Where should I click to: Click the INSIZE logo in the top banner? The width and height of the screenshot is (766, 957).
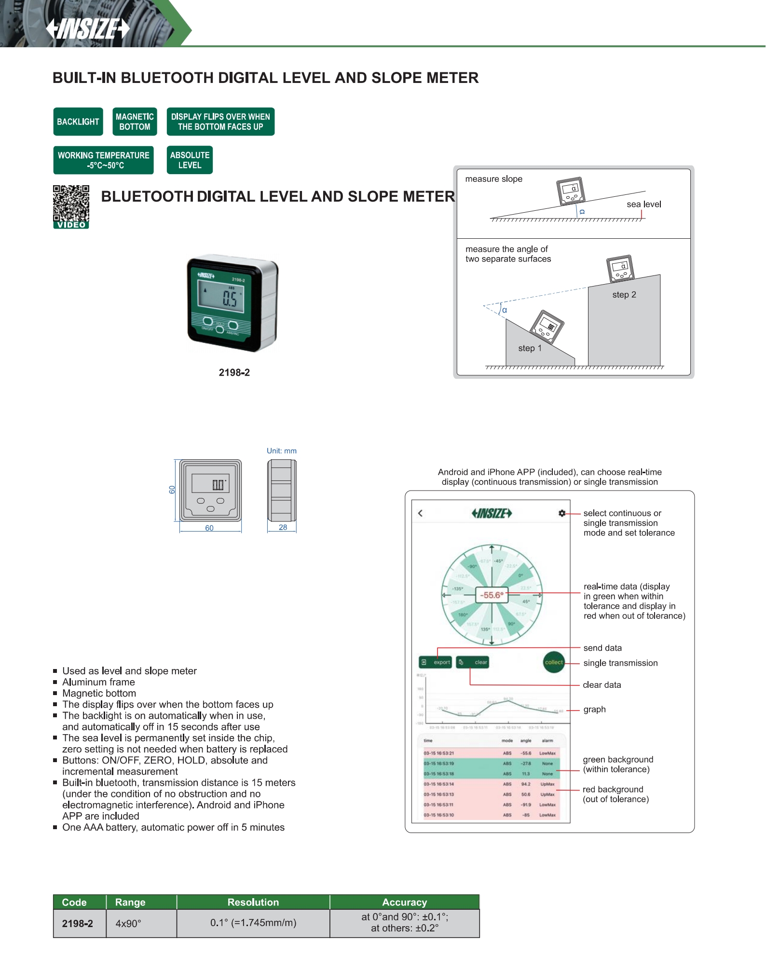point(88,28)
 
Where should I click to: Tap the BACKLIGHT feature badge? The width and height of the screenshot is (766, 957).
point(78,122)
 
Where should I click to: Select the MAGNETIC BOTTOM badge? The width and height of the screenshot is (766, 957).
point(135,122)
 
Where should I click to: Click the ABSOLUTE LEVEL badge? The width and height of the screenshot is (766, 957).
point(190,160)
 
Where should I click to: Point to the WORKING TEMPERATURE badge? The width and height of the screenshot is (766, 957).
point(104,160)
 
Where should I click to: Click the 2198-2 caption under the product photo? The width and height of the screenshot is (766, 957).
point(234,372)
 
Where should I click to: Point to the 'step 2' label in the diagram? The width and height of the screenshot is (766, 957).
point(624,295)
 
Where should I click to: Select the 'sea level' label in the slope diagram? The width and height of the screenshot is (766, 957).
point(643,204)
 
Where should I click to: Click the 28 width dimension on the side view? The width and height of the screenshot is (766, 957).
point(283,527)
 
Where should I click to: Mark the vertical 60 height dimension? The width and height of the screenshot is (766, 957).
point(172,490)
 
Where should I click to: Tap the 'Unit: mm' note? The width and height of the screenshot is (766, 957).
point(282,451)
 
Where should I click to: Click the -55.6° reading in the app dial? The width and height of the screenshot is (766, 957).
point(492,595)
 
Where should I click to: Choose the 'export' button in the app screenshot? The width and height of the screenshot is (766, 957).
point(436,662)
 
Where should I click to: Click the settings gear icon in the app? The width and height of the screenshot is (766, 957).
point(562,513)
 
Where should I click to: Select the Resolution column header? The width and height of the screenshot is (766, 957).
point(253,902)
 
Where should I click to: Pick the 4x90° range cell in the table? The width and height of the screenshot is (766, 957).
point(128,924)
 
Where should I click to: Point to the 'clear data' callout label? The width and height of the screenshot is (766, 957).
point(602,685)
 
